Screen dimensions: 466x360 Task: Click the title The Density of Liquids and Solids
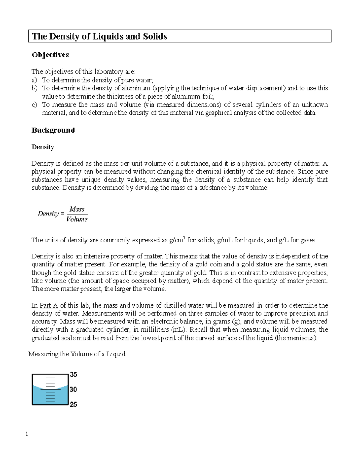(99, 36)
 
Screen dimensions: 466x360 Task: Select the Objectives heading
(50, 55)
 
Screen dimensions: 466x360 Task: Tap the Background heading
(53, 130)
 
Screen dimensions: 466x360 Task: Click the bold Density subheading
(43, 147)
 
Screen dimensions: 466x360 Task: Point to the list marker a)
(34, 80)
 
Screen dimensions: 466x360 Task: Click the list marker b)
(34, 88)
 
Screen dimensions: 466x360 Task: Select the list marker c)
(34, 104)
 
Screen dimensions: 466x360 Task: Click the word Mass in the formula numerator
(77, 209)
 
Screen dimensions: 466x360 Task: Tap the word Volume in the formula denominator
(77, 219)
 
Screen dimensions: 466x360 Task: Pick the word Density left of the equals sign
(48, 214)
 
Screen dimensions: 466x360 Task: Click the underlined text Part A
(49, 305)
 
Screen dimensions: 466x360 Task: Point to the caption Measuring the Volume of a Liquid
(77, 354)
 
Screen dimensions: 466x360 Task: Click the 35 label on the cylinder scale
(73, 374)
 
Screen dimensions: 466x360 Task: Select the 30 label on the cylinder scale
(73, 389)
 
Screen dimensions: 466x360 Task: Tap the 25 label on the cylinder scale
(73, 404)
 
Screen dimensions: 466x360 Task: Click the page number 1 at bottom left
(27, 434)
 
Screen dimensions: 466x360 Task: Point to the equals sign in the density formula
(62, 214)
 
